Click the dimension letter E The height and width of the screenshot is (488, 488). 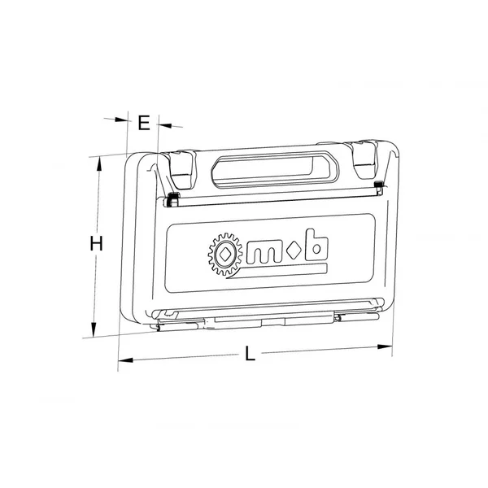click(144, 123)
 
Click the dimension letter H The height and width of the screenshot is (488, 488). click(96, 243)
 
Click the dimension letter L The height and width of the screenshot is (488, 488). click(250, 353)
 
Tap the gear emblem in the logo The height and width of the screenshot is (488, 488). click(225, 255)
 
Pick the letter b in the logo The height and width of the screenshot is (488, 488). click(316, 245)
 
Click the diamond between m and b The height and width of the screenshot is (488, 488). click(294, 251)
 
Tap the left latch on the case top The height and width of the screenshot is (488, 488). click(181, 170)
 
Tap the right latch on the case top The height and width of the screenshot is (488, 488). click(364, 159)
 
